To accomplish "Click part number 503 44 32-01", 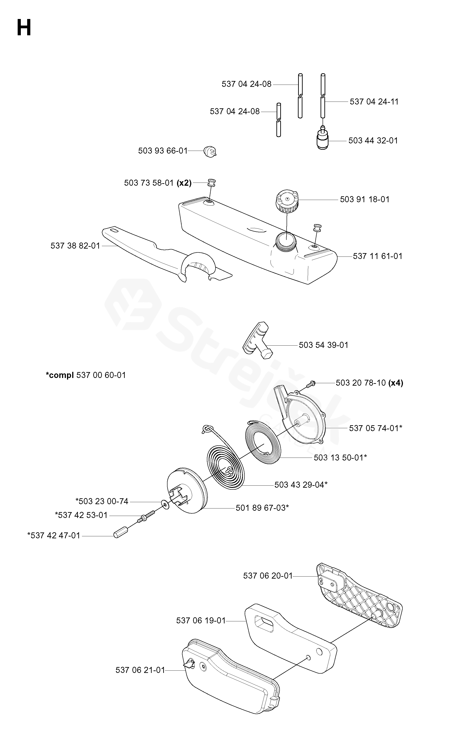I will (x=373, y=140).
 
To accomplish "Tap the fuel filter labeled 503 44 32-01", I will (x=323, y=140).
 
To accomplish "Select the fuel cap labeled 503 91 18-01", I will (x=287, y=200).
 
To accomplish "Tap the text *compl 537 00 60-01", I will (x=86, y=375).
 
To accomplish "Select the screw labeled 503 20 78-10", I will (x=311, y=383).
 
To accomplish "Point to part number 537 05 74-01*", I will (x=376, y=428).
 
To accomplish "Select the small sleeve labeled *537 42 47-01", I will (x=120, y=535).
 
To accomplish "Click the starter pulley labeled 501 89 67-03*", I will (x=187, y=493).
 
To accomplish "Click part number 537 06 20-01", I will (x=268, y=576).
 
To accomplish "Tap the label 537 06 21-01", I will (x=140, y=670).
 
